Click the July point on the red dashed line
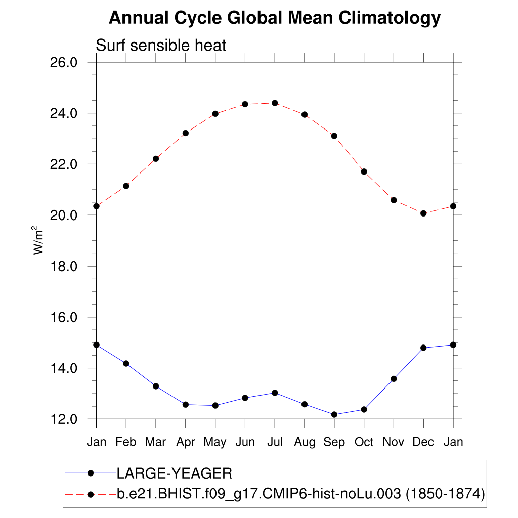coord(275,103)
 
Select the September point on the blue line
coord(334,414)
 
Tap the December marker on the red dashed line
coord(423,213)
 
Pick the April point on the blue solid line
coord(186,405)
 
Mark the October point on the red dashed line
coord(364,171)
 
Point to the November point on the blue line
coord(394,378)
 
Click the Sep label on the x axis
coord(334,442)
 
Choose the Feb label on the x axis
coord(126,442)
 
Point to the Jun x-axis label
coord(245,442)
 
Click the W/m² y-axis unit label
coord(39,240)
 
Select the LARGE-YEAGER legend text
coord(175,474)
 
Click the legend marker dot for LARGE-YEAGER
coord(91,473)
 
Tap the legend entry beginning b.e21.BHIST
coord(261,493)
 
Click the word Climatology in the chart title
coord(390,18)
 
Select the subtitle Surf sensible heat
coord(161,46)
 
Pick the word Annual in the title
coord(139,18)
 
